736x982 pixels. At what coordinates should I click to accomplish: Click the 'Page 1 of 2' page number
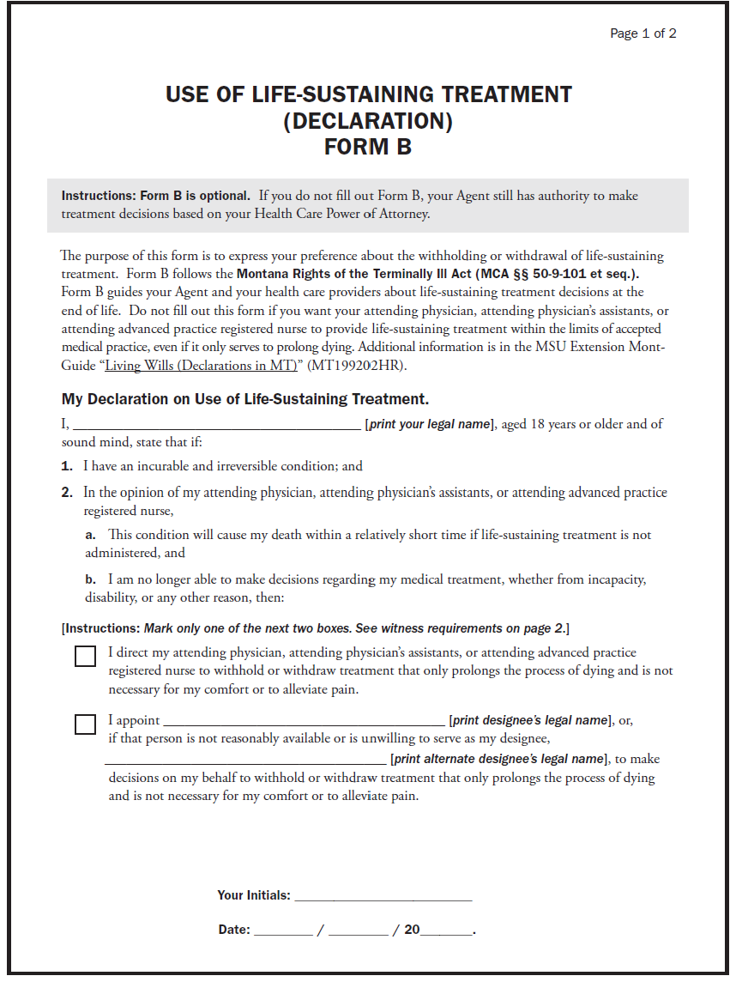[642, 33]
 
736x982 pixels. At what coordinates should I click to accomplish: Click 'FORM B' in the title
[367, 147]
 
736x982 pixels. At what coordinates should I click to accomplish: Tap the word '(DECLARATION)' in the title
[367, 121]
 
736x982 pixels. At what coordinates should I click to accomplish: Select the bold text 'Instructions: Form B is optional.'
[155, 196]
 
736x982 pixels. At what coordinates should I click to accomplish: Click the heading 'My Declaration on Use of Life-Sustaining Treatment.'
[244, 399]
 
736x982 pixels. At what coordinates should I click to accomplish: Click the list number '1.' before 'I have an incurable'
[67, 466]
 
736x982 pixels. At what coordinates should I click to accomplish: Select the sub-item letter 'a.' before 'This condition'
[90, 535]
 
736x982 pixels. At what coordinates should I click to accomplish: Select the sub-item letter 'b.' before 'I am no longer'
[90, 579]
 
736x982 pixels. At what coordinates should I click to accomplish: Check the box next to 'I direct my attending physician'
[85, 656]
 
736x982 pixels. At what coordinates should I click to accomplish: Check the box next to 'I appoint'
[85, 724]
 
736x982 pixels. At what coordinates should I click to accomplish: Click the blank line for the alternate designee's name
[245, 761]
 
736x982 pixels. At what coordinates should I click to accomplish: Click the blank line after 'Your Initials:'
[383, 898]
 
